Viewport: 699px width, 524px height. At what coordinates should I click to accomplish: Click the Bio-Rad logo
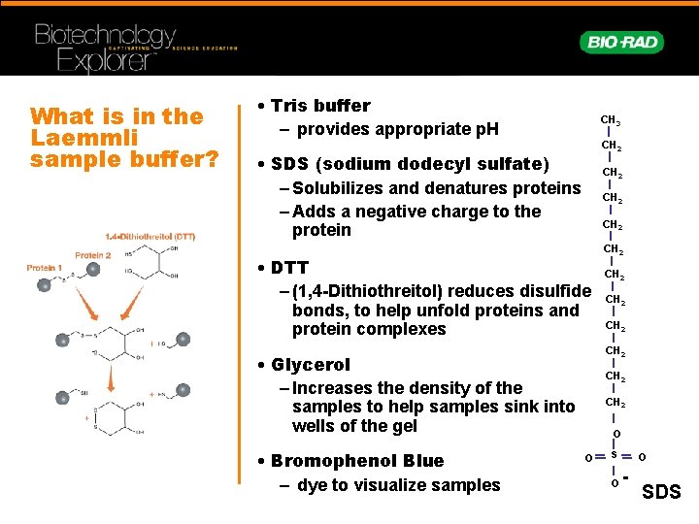pos(622,42)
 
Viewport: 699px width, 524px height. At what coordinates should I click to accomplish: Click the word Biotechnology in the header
pos(105,38)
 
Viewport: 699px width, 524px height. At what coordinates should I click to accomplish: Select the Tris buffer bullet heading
pos(320,106)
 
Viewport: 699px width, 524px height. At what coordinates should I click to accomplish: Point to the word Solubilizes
pos(341,188)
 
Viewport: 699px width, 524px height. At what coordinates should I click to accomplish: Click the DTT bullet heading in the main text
pos(289,268)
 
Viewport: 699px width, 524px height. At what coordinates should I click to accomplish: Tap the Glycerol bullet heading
pos(311,365)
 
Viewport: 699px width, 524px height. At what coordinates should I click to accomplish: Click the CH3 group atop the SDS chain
pos(611,120)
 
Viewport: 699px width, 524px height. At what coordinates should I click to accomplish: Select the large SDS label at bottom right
pos(663,493)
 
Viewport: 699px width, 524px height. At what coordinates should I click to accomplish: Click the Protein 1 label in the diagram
pos(43,268)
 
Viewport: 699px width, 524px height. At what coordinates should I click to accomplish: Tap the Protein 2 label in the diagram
pos(92,255)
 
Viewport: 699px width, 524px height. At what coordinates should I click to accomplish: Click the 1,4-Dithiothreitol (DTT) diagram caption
pos(150,237)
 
